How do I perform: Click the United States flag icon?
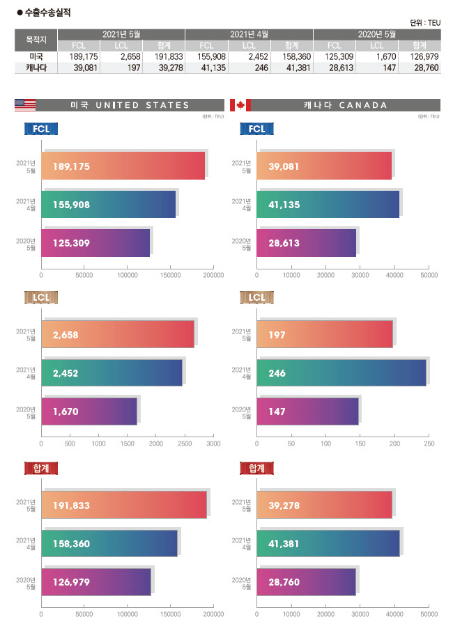point(25,105)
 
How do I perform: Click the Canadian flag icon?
point(240,105)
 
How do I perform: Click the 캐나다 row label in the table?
point(36,68)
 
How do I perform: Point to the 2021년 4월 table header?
point(249,34)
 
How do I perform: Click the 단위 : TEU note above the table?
point(425,22)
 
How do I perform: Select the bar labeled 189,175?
point(124,166)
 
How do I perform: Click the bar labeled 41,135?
point(328,205)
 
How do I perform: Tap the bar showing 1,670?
point(89,411)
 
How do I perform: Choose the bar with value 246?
point(341,373)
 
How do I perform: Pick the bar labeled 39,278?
point(324,505)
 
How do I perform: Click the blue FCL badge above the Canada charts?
point(256,129)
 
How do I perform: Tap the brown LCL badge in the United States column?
point(41,298)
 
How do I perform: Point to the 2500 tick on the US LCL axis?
point(185,443)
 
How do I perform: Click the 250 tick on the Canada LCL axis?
point(429,443)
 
